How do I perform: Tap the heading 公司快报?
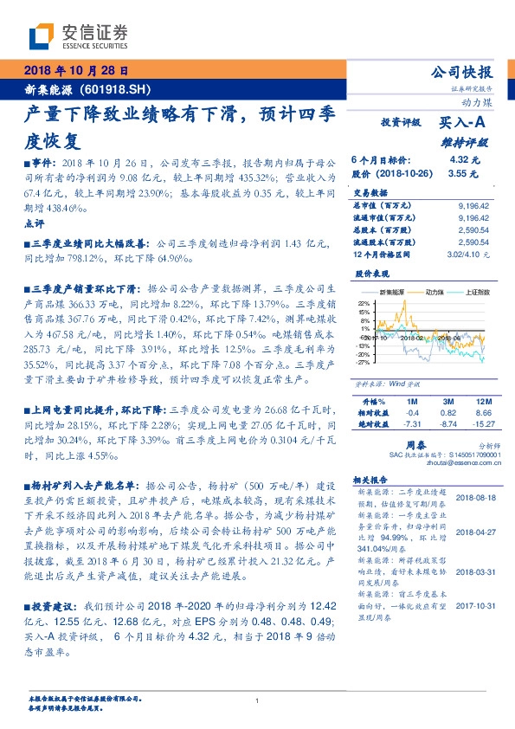[x=459, y=72]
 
